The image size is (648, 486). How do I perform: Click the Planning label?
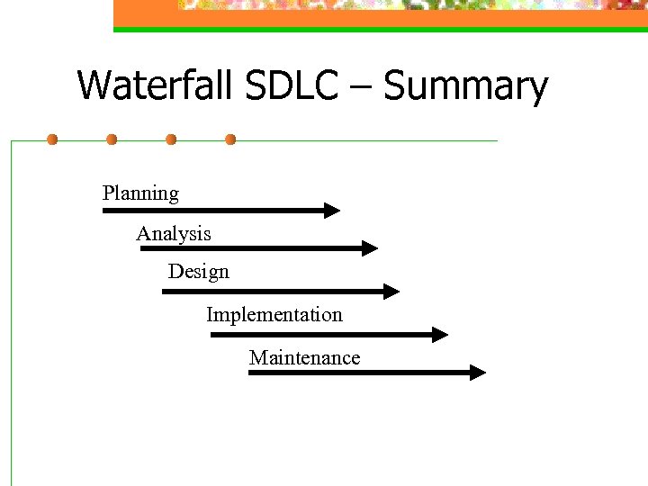tap(140, 193)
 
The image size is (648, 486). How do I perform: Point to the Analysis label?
tap(174, 234)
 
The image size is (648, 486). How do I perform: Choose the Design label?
tap(198, 271)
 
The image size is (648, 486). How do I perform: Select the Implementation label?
tap(274, 315)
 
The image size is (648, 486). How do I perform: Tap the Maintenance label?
tap(304, 358)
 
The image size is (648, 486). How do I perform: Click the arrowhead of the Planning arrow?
tap(332, 211)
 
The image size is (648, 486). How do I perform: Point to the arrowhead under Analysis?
tap(370, 247)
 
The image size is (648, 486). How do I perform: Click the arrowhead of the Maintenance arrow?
tap(478, 372)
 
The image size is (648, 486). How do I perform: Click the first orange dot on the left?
tap(52, 139)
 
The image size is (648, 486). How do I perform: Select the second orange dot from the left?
tap(112, 139)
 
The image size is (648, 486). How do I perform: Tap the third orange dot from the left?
tap(171, 139)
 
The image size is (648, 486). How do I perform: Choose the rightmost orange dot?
tap(230, 139)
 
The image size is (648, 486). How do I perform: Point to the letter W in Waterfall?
tap(95, 85)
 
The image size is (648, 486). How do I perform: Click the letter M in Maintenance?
tap(258, 358)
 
